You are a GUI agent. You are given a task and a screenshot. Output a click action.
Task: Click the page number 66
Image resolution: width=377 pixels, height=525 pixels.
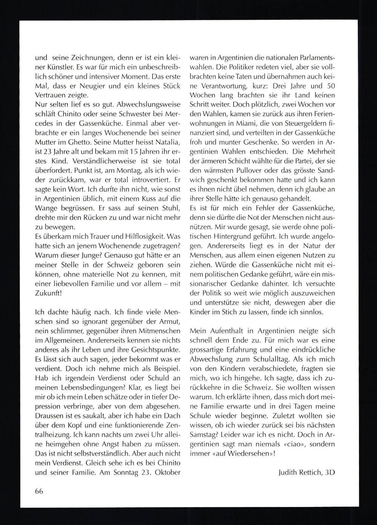coord(39,491)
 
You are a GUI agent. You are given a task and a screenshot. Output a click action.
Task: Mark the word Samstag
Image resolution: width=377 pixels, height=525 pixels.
coord(206,434)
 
